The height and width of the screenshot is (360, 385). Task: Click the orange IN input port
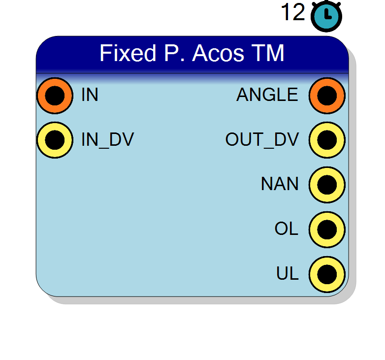click(x=55, y=96)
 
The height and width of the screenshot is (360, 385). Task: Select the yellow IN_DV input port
click(x=55, y=140)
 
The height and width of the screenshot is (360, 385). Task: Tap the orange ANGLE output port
click(x=327, y=96)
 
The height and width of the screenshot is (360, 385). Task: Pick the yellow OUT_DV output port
click(x=327, y=140)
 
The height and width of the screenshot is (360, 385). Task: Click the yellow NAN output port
click(x=327, y=185)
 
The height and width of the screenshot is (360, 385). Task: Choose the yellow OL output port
click(x=327, y=229)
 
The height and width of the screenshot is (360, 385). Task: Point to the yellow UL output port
click(x=327, y=274)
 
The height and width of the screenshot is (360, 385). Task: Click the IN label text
click(x=90, y=95)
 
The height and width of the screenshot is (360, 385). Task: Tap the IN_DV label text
click(x=107, y=140)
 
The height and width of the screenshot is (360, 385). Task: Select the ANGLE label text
click(x=267, y=95)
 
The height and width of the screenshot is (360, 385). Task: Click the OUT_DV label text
click(x=262, y=140)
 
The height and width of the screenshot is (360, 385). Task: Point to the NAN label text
click(x=280, y=184)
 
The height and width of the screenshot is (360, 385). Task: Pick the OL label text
click(x=287, y=229)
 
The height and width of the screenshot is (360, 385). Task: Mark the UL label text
click(x=288, y=273)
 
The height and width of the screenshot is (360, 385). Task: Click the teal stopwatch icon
click(x=326, y=15)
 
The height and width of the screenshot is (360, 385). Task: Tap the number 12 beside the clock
click(x=293, y=12)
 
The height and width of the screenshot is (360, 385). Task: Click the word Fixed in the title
click(x=128, y=53)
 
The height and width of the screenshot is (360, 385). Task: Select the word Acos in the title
click(x=218, y=53)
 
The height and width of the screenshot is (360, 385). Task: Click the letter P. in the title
click(x=174, y=53)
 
